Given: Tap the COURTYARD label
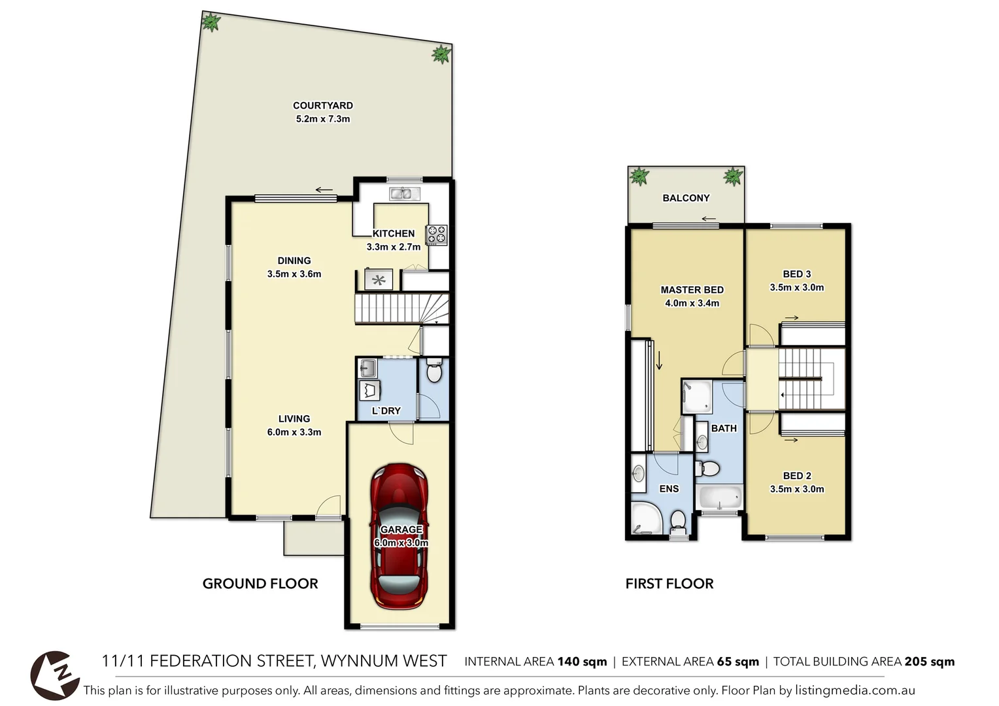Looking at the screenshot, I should [x=322, y=105].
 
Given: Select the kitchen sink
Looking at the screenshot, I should [x=404, y=193].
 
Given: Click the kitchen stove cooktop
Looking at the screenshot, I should [x=437, y=235].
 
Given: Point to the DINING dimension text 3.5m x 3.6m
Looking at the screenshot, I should [x=294, y=274].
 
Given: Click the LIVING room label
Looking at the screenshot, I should [x=294, y=418].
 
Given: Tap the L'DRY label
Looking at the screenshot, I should [x=386, y=411].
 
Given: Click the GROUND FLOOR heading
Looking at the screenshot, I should [x=260, y=584].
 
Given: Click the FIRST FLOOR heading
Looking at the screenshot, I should [x=669, y=584].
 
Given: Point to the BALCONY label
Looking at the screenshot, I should [x=686, y=198].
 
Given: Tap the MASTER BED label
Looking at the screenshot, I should [x=692, y=290].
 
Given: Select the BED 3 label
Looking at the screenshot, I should [x=796, y=274].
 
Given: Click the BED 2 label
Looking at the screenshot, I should [x=796, y=476].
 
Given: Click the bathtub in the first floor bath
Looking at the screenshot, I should [x=720, y=497].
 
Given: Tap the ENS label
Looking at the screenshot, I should [x=669, y=488].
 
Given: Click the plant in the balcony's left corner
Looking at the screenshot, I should [x=639, y=176].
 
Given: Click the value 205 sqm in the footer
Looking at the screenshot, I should [x=929, y=662].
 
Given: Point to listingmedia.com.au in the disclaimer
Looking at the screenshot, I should [x=855, y=690].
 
